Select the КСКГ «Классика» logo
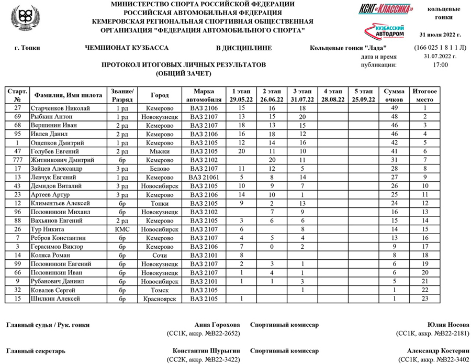pyautogui.click(x=386, y=9)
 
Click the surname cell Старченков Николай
pyautogui.click(x=62, y=108)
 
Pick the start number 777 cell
pyautogui.click(x=18, y=160)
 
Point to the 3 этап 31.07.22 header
pyautogui.click(x=302, y=95)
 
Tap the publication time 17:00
pyautogui.click(x=441, y=65)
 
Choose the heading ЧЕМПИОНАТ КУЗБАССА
pyautogui.click(x=127, y=48)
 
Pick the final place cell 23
pyautogui.click(x=425, y=299)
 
